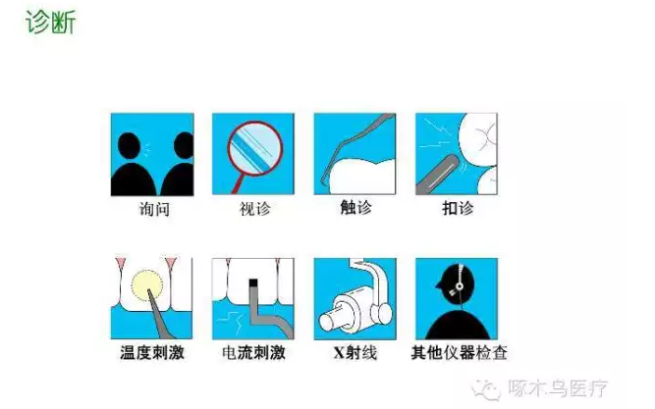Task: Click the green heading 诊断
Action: coord(50,22)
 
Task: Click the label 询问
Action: coord(151,208)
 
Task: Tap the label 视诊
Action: coord(252,208)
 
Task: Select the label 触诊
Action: coord(354,208)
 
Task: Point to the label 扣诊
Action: coord(455,208)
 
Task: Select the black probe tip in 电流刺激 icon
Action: coord(251,284)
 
